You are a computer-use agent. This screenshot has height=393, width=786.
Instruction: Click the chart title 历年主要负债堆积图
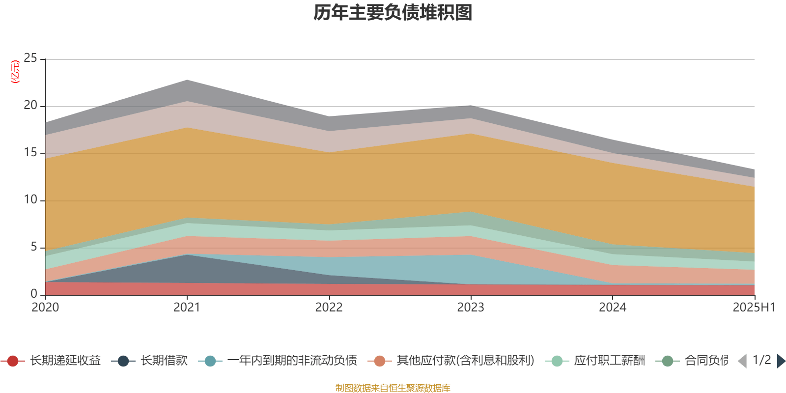pyautogui.click(x=393, y=13)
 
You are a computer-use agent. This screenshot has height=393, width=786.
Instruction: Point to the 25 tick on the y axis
pyautogui.click(x=30, y=58)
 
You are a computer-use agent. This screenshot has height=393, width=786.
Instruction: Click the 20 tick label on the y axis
pyautogui.click(x=30, y=106)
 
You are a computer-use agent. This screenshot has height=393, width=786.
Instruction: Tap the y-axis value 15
pyautogui.click(x=30, y=153)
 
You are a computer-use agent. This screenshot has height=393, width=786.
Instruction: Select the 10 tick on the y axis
pyautogui.click(x=30, y=200)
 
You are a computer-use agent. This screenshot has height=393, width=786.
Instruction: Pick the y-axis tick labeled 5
pyautogui.click(x=34, y=247)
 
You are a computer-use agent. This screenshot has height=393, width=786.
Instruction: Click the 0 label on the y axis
pyautogui.click(x=34, y=294)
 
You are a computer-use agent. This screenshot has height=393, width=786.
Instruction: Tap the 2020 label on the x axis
pyautogui.click(x=45, y=308)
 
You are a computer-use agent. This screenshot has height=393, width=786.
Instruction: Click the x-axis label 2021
pyautogui.click(x=187, y=308)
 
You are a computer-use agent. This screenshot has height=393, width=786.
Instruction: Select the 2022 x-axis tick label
pyautogui.click(x=329, y=308)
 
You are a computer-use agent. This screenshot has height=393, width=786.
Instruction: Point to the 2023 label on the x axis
pyautogui.click(x=471, y=308)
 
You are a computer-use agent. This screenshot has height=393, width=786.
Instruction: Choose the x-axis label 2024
pyautogui.click(x=613, y=308)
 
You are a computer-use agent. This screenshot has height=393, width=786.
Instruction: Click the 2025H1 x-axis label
pyautogui.click(x=753, y=308)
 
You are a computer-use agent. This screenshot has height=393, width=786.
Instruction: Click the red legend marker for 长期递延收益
pyautogui.click(x=13, y=362)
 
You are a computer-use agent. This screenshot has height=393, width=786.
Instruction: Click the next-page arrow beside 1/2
pyautogui.click(x=781, y=361)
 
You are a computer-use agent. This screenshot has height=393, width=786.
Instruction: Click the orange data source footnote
pyautogui.click(x=393, y=388)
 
